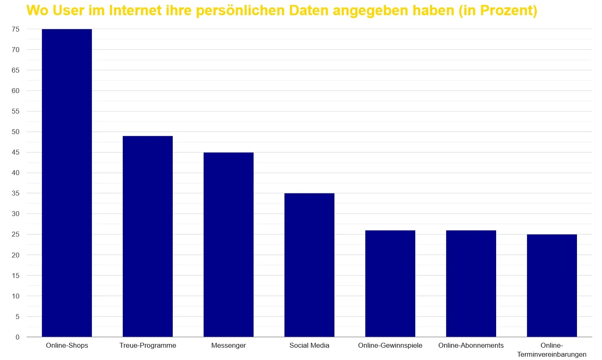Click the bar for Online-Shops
point(67,183)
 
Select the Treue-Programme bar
point(148,236)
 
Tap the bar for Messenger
point(229,244)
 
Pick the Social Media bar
point(309,265)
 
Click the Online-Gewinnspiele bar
point(390,283)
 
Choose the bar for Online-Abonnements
point(471,283)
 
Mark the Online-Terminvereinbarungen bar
point(552,285)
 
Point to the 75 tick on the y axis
point(16,29)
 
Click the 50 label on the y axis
point(16,132)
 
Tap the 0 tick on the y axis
point(17,337)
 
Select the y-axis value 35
point(16,193)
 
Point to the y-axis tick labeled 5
point(17,317)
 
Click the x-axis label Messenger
point(229,345)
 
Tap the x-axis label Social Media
point(309,345)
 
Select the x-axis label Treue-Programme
point(148,345)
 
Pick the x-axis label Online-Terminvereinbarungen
point(552,350)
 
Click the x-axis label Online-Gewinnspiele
point(390,345)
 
